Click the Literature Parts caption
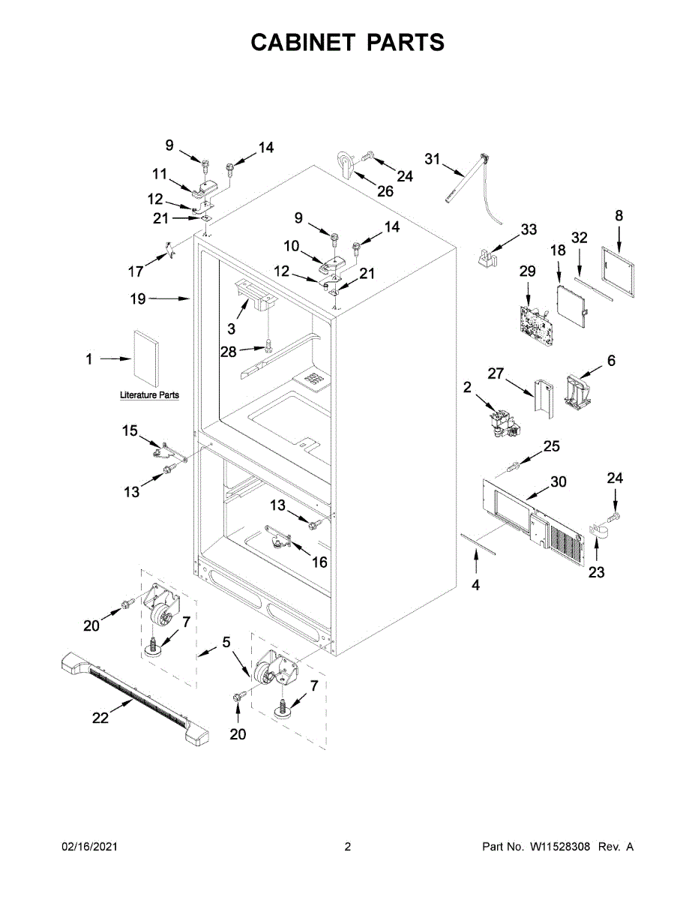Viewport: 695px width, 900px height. point(149,395)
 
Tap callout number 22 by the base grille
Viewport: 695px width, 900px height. point(100,718)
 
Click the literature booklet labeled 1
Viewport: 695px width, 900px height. point(146,356)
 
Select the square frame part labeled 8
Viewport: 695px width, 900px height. point(619,267)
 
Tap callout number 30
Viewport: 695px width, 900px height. point(559,482)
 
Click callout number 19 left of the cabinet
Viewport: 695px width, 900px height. point(137,298)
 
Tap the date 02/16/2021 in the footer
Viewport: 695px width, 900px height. point(89,847)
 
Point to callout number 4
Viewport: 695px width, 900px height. point(475,585)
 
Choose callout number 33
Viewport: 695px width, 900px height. point(529,229)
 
